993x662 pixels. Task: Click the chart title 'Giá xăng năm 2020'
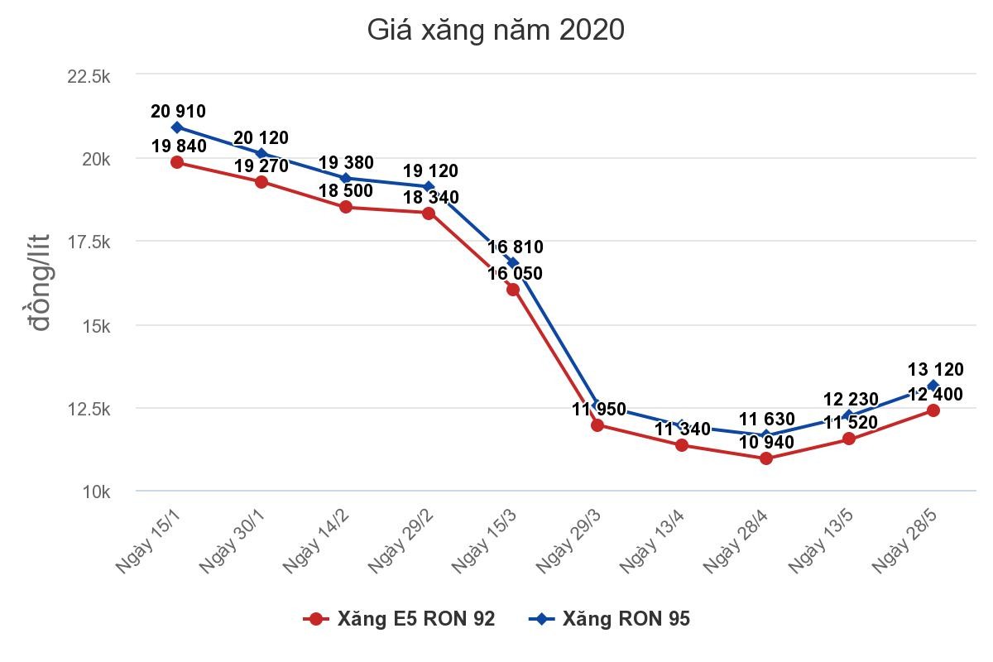(495, 31)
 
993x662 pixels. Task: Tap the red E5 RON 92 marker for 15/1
(177, 162)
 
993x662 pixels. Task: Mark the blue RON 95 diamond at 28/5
(933, 386)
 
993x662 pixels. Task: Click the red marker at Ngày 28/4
(765, 458)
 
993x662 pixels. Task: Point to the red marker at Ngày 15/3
(513, 289)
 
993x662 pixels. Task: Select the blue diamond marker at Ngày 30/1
(261, 153)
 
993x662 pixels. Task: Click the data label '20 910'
(178, 111)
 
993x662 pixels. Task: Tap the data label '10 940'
(767, 442)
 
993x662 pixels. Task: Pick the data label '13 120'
(935, 369)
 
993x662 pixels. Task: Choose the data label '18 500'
(346, 190)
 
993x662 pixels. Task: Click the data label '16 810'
(515, 247)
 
